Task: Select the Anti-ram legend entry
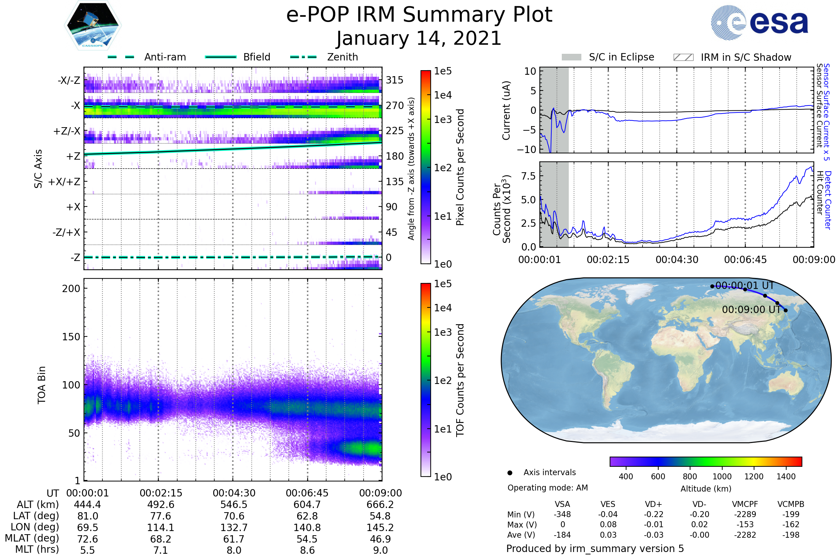pyautogui.click(x=165, y=57)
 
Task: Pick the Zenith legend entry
pyautogui.click(x=342, y=57)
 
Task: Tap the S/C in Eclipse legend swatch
pyautogui.click(x=571, y=57)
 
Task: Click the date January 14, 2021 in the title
pyautogui.click(x=419, y=38)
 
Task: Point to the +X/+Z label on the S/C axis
pyautogui.click(x=64, y=182)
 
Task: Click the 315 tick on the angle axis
pyautogui.click(x=395, y=80)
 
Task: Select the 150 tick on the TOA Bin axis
pyautogui.click(x=71, y=337)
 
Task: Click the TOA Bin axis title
pyautogui.click(x=42, y=385)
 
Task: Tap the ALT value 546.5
pyautogui.click(x=234, y=505)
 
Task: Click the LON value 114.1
pyautogui.click(x=161, y=528)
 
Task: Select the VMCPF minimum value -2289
pyautogui.click(x=745, y=514)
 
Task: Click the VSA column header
pyautogui.click(x=562, y=504)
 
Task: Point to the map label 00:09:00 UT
pyautogui.click(x=751, y=310)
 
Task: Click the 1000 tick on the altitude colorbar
pyautogui.click(x=722, y=477)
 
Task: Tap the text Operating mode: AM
pyautogui.click(x=547, y=488)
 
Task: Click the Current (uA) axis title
pyautogui.click(x=507, y=110)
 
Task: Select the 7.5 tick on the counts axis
pyautogui.click(x=528, y=176)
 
